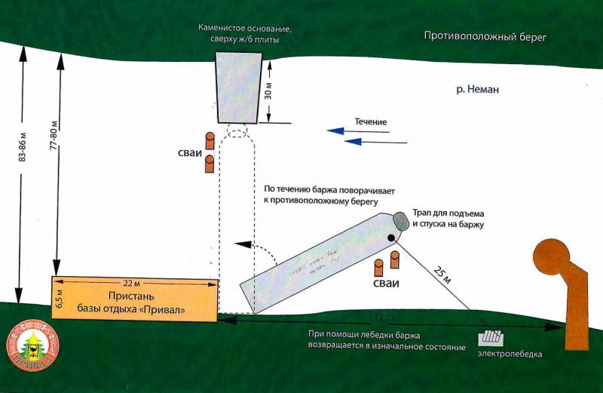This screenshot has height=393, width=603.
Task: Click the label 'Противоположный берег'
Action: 485,35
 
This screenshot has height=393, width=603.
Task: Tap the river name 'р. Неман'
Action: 477,89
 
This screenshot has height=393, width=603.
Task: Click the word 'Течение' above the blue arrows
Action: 371,121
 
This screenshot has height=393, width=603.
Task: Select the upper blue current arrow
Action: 358,132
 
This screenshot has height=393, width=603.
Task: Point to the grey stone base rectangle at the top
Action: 238,86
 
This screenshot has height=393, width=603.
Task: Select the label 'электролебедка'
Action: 510,354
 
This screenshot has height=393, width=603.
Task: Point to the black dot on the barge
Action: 392,238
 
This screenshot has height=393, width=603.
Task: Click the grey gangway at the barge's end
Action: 400,221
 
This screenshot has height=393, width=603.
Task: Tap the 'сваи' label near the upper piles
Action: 188,153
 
